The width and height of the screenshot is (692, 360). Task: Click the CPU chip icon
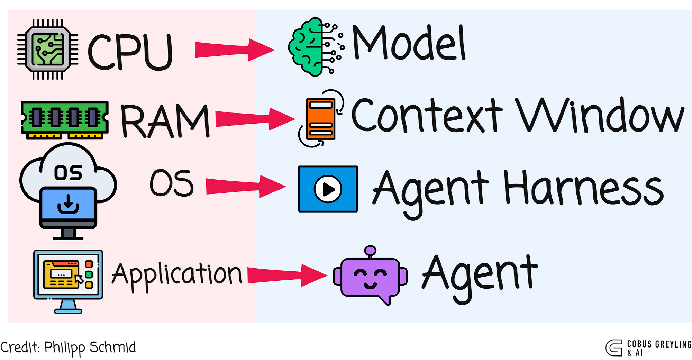(x=48, y=49)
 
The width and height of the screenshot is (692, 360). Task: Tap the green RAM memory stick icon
(x=65, y=120)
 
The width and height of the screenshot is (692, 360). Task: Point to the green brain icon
(x=316, y=46)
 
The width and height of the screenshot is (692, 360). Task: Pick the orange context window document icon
(x=321, y=119)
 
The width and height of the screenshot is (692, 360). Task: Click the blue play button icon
(x=328, y=189)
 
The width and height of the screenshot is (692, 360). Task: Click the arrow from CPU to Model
(x=235, y=50)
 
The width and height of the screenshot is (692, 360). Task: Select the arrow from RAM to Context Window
(x=255, y=119)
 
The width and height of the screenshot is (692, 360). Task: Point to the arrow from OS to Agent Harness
(x=246, y=187)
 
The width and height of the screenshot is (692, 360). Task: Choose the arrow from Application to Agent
(x=288, y=276)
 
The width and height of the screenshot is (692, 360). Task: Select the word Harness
(x=584, y=188)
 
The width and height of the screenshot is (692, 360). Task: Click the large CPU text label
(x=130, y=52)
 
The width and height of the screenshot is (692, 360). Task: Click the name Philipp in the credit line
(x=64, y=348)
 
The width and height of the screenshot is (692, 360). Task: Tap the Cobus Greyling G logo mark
(x=614, y=348)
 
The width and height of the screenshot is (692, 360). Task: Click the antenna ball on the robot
(x=370, y=250)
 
